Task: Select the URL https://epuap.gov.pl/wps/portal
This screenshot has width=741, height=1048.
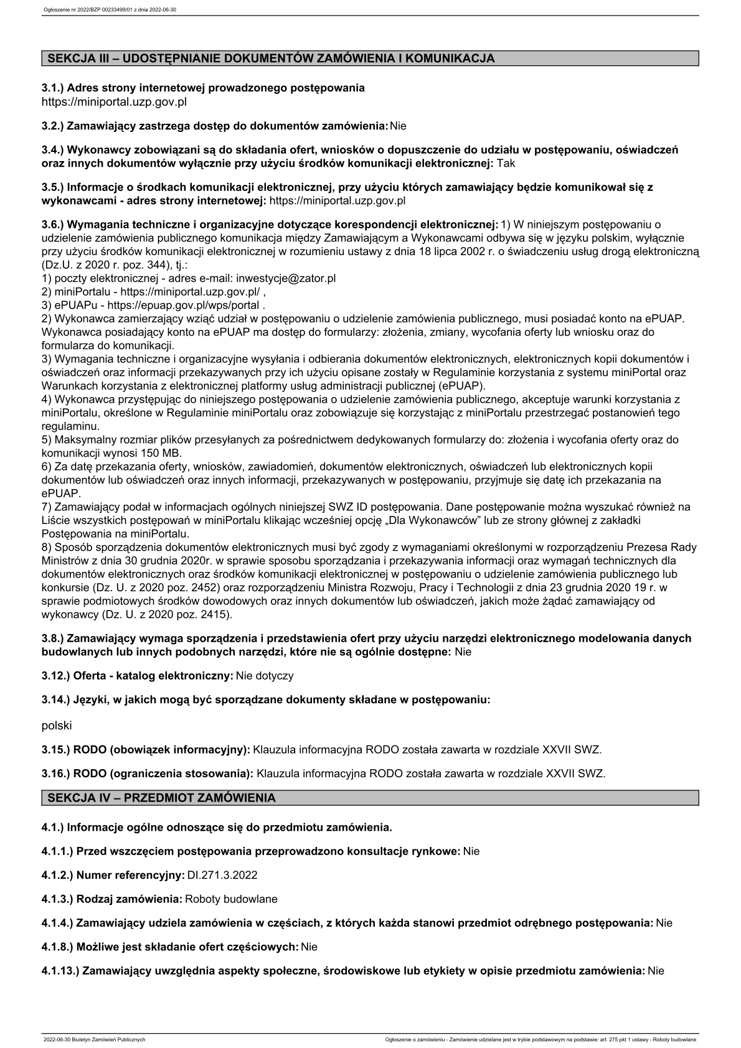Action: click(x=184, y=305)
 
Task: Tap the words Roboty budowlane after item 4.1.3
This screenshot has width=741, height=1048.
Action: click(x=232, y=899)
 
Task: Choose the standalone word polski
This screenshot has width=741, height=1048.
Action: click(x=57, y=726)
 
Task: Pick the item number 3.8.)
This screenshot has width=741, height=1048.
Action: click(x=53, y=639)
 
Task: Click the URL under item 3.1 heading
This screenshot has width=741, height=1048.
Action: click(x=114, y=101)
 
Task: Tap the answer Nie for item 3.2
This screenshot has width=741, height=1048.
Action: click(x=398, y=126)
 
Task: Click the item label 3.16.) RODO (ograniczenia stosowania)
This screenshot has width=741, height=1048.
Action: click(x=147, y=774)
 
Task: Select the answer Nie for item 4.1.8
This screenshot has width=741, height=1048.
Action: click(x=309, y=947)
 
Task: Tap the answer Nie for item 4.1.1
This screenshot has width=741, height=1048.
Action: click(x=471, y=851)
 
